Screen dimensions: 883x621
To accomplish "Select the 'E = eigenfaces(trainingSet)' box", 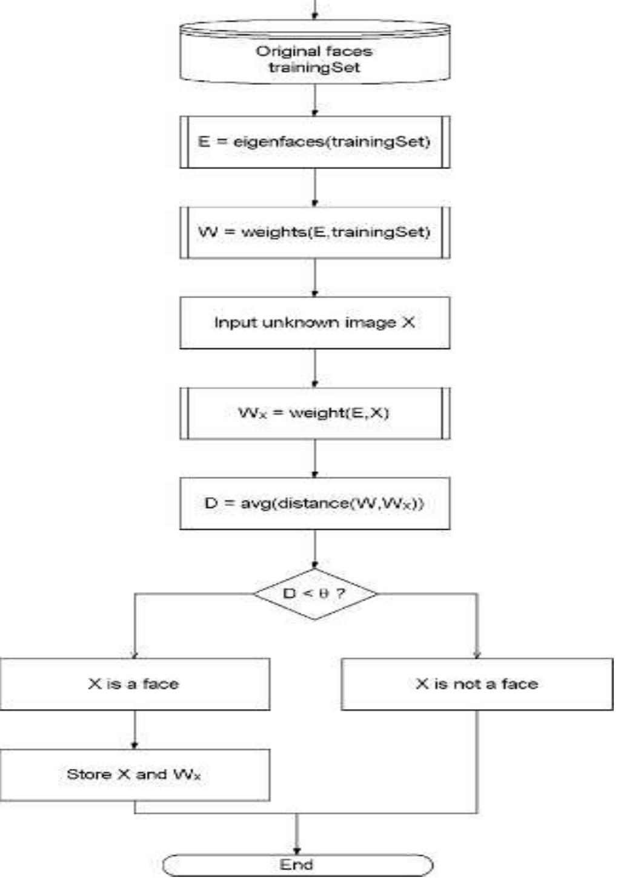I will pos(314,142).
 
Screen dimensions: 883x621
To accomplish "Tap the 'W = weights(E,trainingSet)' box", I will pos(314,232).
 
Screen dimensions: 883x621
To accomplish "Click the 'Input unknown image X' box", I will pos(314,322).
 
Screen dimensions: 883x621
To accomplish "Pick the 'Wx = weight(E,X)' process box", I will pos(314,413).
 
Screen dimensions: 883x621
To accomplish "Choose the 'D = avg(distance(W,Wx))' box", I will pos(314,503).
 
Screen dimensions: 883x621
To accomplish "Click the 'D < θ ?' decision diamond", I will pos(314,593).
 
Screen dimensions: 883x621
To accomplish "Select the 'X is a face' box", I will pos(134,684).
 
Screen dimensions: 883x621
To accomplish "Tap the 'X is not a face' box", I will pos(477,684).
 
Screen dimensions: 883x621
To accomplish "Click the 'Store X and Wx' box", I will pos(134,775).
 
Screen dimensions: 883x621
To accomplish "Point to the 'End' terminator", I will pos(297,865).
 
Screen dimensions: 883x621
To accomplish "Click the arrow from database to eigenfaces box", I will pos(314,100).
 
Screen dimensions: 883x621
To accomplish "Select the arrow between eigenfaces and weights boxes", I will pos(314,188).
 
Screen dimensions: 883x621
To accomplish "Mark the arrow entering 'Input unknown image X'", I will pos(314,278).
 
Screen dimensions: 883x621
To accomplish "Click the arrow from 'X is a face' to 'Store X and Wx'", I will pos(134,730).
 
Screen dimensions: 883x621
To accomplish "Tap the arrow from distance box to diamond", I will pos(314,549).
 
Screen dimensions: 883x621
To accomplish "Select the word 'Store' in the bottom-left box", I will pos(88,775).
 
